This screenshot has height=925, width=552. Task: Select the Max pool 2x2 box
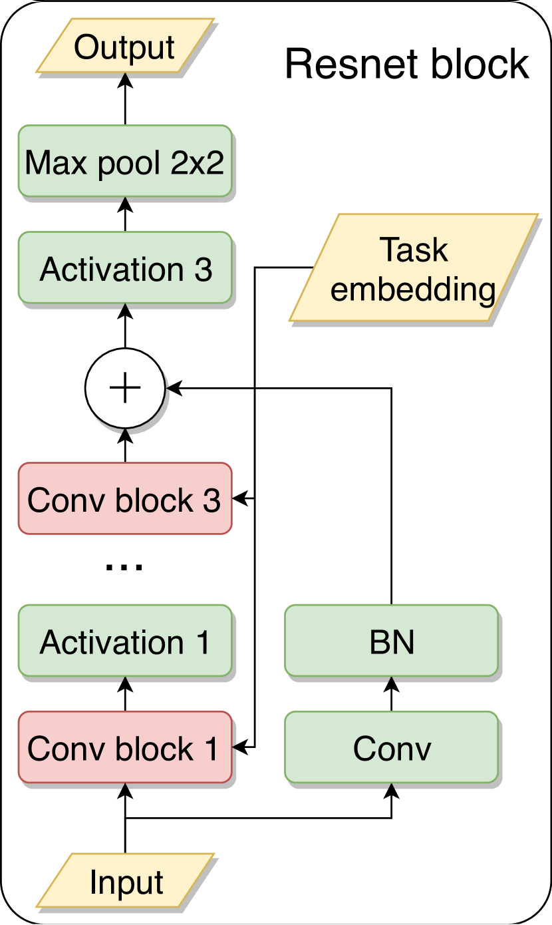125,161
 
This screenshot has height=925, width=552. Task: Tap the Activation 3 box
125,269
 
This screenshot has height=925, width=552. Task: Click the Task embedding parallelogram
413,269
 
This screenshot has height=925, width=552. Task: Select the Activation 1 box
125,642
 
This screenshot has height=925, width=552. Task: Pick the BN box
391,642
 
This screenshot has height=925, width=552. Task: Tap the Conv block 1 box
125,748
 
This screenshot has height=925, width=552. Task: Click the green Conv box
391,748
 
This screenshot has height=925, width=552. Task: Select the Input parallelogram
125,882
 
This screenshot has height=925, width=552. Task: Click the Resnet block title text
406,65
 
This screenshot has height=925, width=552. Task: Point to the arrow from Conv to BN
391,693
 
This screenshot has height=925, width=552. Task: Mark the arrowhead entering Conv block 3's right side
240,497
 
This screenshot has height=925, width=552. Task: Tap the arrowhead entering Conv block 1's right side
240,748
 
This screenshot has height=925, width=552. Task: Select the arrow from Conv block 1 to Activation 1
125,695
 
